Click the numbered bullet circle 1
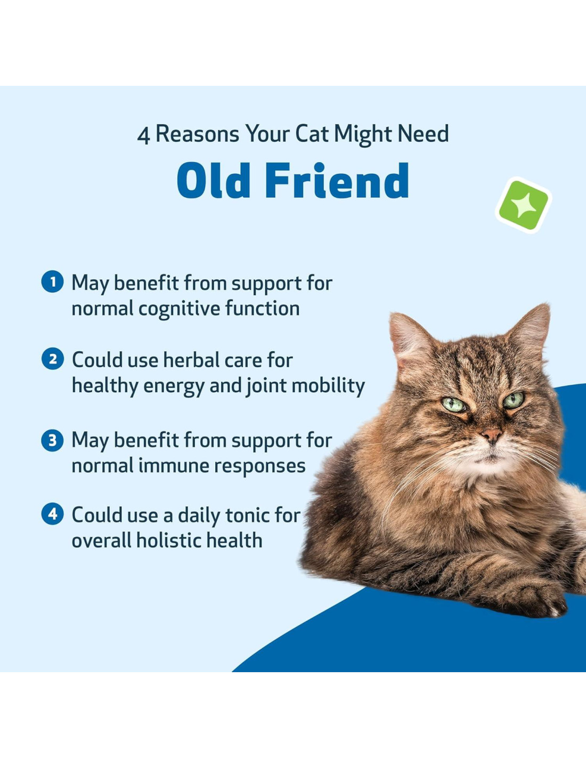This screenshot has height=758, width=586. [52, 282]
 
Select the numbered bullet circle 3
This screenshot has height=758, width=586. [52, 440]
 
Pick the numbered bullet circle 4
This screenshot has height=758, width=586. [52, 514]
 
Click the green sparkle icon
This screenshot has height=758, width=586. [523, 205]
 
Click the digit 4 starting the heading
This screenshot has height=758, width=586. [143, 136]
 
